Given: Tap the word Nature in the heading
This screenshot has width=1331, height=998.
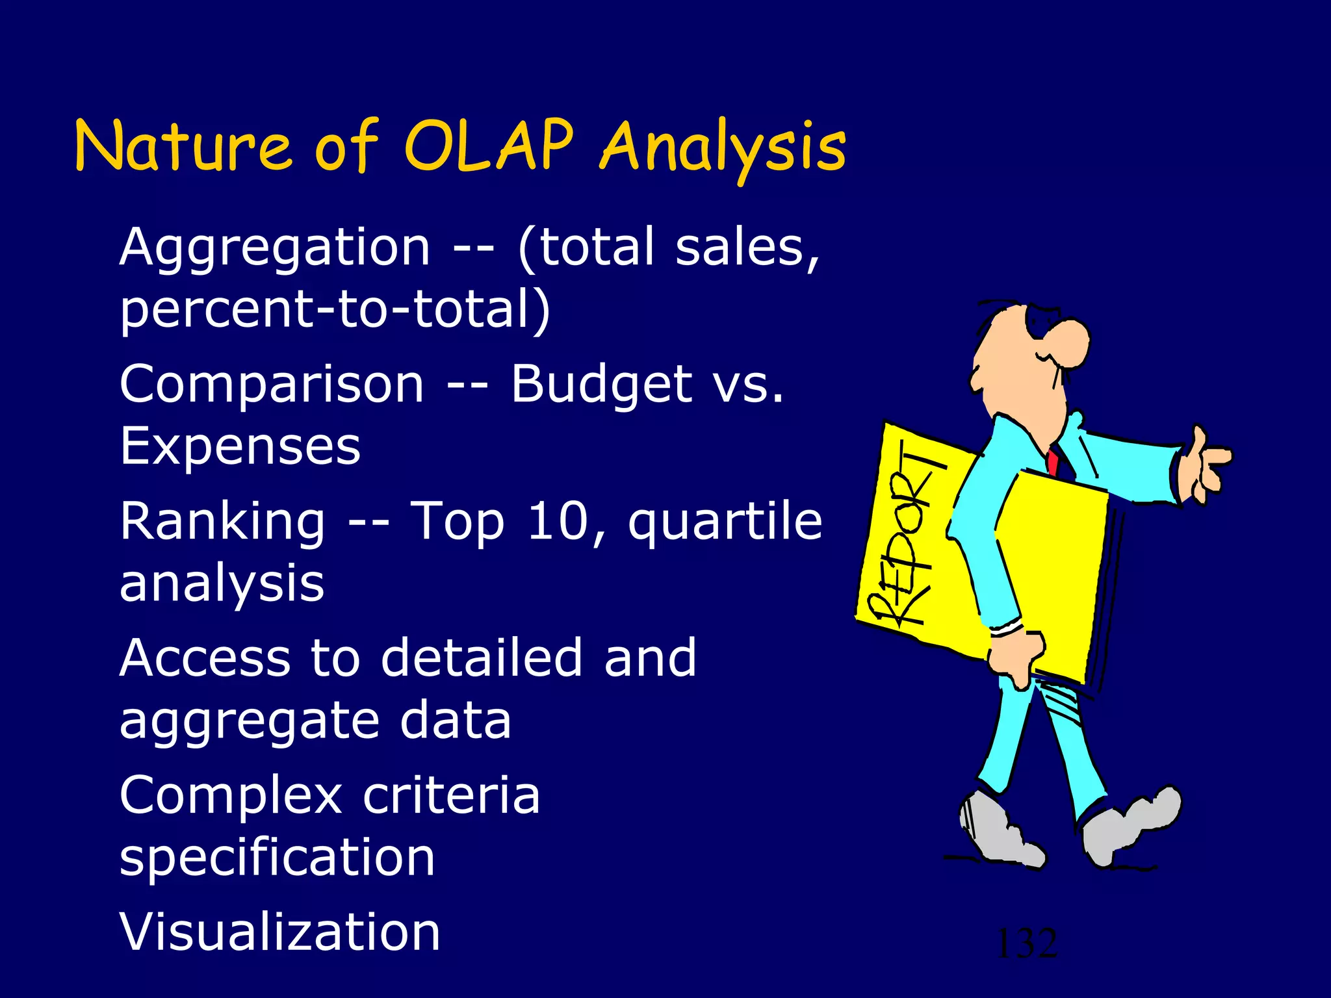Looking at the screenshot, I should (183, 147).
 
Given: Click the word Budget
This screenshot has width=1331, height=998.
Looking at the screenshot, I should (601, 385).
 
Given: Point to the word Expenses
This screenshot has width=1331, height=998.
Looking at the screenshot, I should (240, 446).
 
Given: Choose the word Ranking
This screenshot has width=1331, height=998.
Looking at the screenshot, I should (222, 522).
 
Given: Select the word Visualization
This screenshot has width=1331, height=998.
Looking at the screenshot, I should (280, 932).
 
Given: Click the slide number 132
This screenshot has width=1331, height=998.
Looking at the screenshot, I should (1026, 943).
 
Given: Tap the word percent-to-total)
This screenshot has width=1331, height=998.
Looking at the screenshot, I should (335, 310).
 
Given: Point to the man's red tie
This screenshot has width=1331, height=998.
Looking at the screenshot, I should (1052, 460).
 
